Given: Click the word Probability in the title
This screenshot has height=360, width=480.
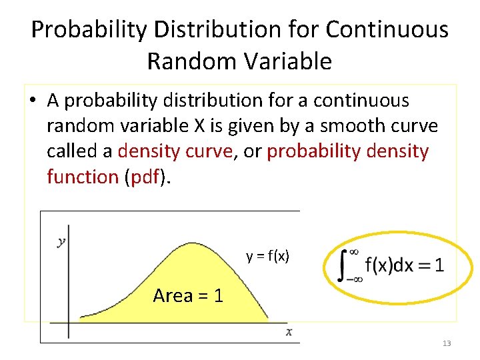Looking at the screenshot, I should coord(89,30).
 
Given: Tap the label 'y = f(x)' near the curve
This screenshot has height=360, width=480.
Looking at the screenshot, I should coord(267,256).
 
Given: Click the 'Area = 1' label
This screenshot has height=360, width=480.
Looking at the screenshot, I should coord(188,295).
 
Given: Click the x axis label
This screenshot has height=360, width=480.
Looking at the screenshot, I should coord(289,331).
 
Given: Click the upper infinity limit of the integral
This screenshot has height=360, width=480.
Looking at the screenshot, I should coord(355,251).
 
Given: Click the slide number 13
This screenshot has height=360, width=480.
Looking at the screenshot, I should coord(446,343).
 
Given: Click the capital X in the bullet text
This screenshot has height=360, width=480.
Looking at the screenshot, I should coord(199,126).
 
